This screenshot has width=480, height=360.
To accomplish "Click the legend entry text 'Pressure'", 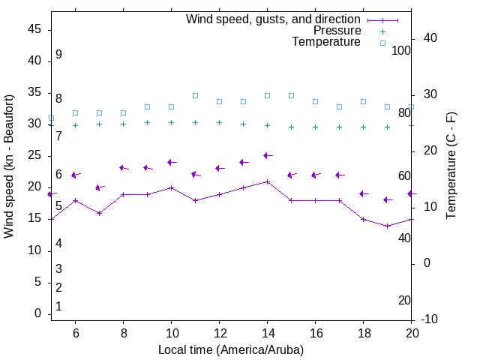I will click(x=337, y=31).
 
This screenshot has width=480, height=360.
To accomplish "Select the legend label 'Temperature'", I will click(x=326, y=43).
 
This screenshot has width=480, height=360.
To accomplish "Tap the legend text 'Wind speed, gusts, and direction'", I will click(x=273, y=19).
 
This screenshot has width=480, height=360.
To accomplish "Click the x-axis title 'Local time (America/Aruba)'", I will click(x=231, y=349).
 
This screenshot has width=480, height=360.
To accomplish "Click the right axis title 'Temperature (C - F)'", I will click(x=451, y=166).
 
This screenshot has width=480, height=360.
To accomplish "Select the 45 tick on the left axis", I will click(x=34, y=29).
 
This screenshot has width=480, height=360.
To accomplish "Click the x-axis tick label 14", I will click(x=267, y=333).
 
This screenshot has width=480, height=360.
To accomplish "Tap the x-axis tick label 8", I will click(x=123, y=333).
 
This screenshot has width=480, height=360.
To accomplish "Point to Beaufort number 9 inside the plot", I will click(x=58, y=55).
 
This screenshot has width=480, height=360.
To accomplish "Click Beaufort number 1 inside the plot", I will click(x=58, y=307).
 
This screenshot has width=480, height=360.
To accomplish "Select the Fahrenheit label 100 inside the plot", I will click(x=401, y=50).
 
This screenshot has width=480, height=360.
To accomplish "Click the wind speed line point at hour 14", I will click(x=267, y=181).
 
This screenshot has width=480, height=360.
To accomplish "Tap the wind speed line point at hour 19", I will click(x=387, y=226).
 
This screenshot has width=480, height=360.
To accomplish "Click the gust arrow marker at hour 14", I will click(x=267, y=156).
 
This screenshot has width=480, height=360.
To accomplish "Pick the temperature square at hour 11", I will click(x=195, y=96).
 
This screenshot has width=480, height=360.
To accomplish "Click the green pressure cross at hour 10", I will click(x=171, y=122).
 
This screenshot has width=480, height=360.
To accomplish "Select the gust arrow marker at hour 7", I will click(x=99, y=187).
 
